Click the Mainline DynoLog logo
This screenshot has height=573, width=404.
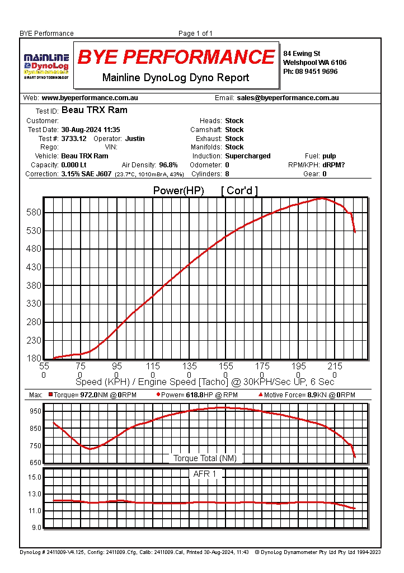pyautogui.click(x=46, y=65)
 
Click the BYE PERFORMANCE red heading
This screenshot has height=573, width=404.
pyautogui.click(x=176, y=57)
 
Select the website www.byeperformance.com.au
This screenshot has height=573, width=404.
pyautogui.click(x=90, y=98)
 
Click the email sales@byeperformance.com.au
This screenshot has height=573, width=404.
pyautogui.click(x=288, y=98)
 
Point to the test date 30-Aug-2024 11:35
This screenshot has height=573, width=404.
pyautogui.click(x=91, y=130)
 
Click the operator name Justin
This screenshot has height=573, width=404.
pyautogui.click(x=135, y=139)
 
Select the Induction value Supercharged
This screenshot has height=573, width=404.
pyautogui.click(x=247, y=156)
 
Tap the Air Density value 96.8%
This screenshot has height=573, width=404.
pyautogui.click(x=168, y=165)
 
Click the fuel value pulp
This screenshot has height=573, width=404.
pyautogui.click(x=329, y=156)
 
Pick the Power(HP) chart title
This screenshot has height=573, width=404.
pyautogui.click(x=178, y=191)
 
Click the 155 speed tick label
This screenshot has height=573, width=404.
pyautogui.click(x=226, y=367)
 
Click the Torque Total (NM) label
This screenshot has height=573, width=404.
pyautogui.click(x=205, y=458)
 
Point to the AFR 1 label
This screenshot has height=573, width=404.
pyautogui.click(x=205, y=474)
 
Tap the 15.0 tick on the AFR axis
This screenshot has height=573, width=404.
pyautogui.click(x=35, y=477)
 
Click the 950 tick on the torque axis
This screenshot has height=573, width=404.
pyautogui.click(x=35, y=411)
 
